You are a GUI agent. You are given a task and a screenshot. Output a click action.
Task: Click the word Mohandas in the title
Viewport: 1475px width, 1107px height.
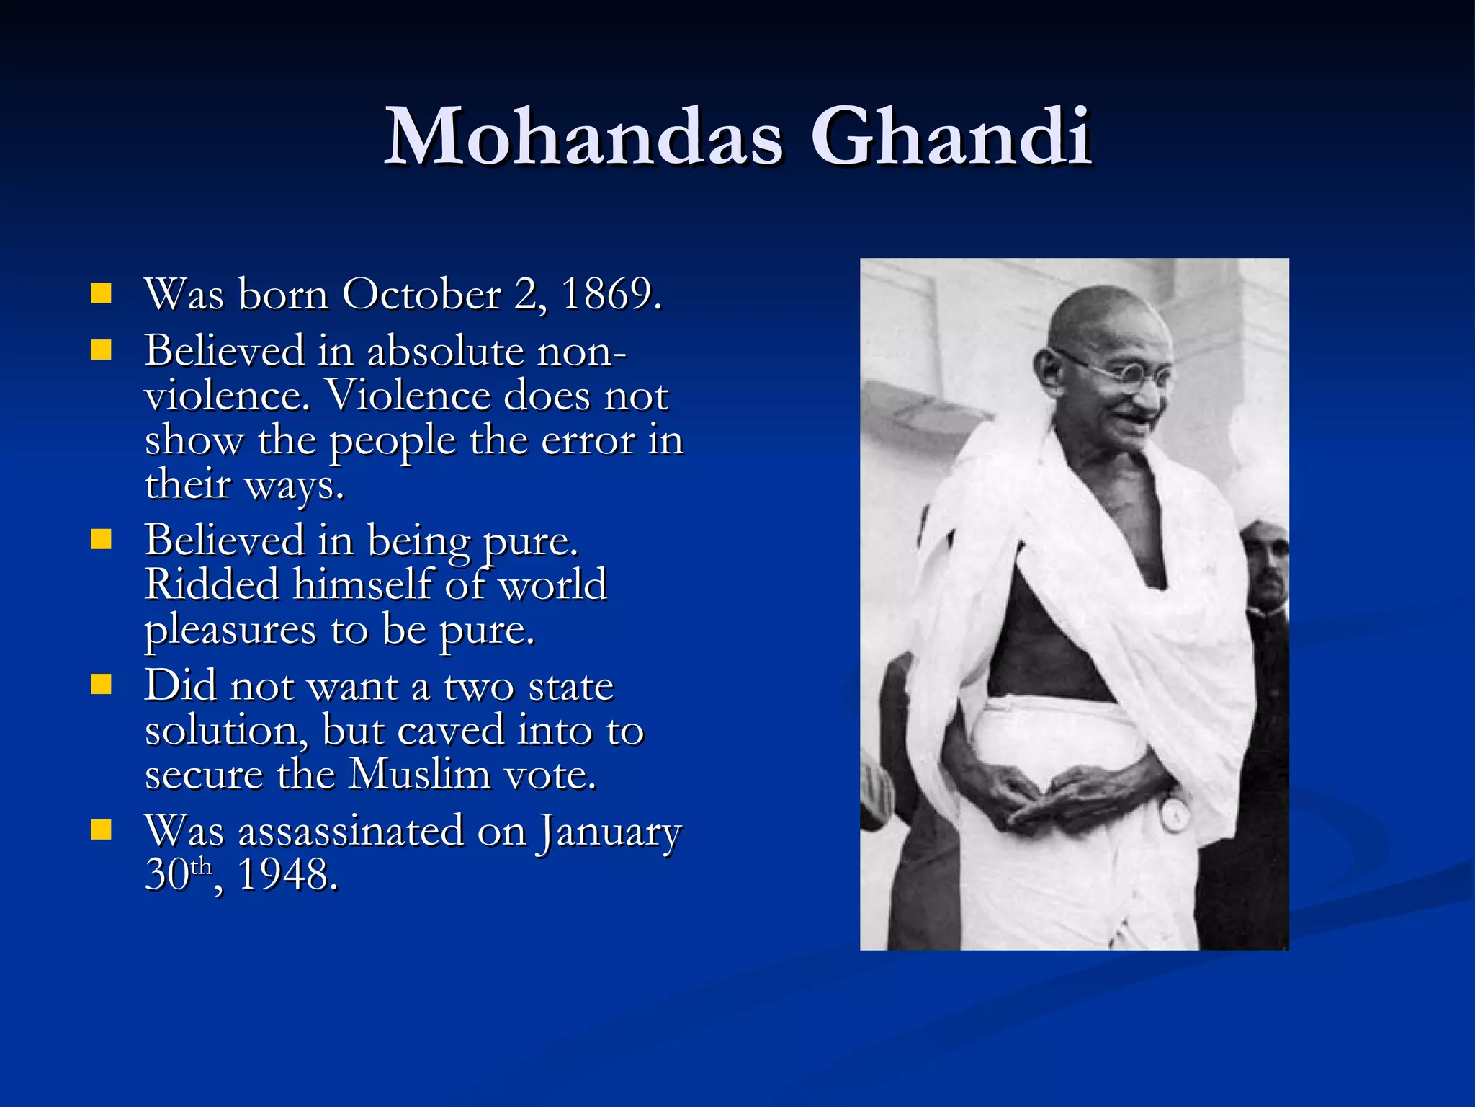(x=583, y=137)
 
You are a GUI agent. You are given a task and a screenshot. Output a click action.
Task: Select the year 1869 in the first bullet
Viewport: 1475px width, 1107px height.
(x=609, y=295)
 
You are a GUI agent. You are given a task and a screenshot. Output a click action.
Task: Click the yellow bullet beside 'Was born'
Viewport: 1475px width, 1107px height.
(x=102, y=293)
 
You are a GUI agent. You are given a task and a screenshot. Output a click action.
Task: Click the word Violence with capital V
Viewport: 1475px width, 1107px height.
(x=408, y=396)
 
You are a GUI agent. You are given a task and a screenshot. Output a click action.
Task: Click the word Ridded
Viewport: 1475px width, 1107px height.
(x=212, y=584)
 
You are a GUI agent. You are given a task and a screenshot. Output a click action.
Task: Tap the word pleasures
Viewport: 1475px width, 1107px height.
(x=230, y=631)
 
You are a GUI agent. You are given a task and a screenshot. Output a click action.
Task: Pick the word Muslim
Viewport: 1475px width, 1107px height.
(x=419, y=775)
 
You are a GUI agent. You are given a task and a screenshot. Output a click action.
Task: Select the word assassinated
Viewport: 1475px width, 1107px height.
(x=351, y=831)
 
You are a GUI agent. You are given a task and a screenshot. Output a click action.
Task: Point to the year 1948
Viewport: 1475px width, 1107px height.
(x=287, y=875)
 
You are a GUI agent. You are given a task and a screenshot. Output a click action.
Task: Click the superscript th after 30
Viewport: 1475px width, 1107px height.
(x=202, y=866)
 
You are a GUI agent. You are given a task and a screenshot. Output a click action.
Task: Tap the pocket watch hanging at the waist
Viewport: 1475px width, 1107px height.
(x=1175, y=814)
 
